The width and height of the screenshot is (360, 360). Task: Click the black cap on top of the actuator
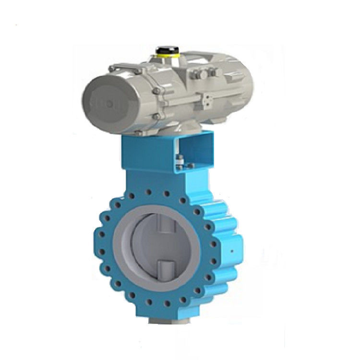(165, 49)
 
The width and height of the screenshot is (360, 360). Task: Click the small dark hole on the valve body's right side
(232, 251)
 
